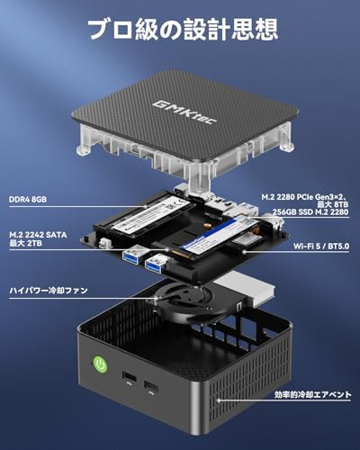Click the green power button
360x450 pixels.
click(100, 364)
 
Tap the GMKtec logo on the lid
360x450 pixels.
click(184, 112)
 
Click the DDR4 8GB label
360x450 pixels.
click(28, 200)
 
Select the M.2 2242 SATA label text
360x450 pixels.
click(38, 235)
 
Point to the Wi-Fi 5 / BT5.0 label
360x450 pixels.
click(321, 247)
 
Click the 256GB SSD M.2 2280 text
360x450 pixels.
click(310, 211)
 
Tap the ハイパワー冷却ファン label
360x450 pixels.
click(49, 291)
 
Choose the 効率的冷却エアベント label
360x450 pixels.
click(313, 394)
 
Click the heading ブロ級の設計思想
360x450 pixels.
click(183, 29)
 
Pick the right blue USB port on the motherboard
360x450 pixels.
click(156, 263)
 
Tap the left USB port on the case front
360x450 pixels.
click(130, 377)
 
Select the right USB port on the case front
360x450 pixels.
click(151, 387)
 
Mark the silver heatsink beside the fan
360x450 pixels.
click(245, 289)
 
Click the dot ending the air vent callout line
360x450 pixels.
click(219, 400)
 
